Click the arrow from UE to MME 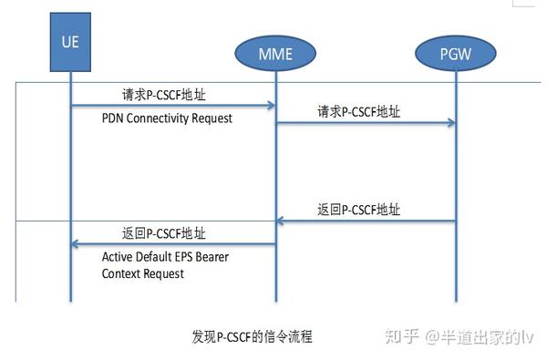click(173, 107)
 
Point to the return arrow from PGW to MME click(365, 221)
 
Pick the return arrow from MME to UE click(173, 243)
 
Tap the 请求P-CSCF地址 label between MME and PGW click(358, 112)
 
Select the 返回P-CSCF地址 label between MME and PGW click(358, 209)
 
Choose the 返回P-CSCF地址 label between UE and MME click(164, 231)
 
